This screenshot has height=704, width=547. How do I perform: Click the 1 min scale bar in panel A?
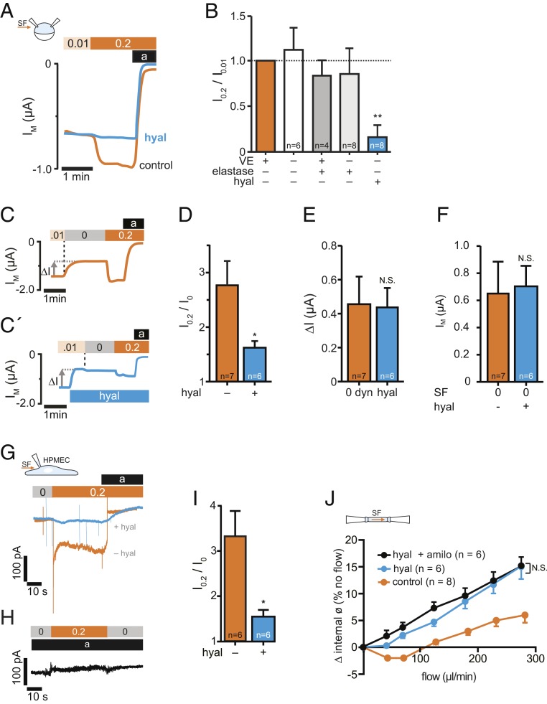76,169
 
